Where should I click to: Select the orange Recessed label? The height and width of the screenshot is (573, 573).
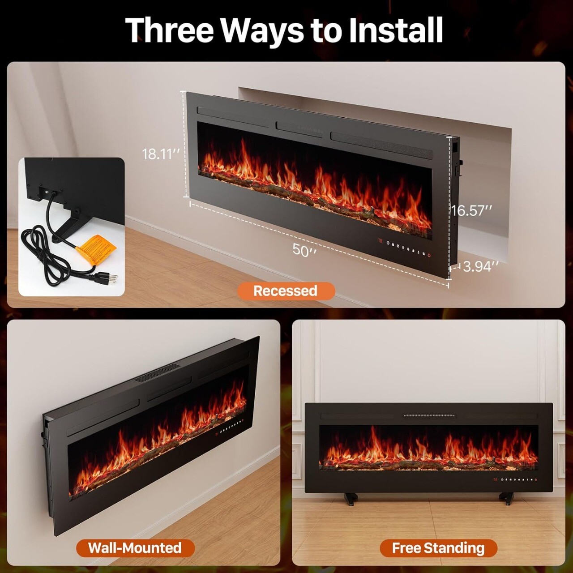point(286,291)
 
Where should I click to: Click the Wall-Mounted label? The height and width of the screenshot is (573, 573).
point(135,548)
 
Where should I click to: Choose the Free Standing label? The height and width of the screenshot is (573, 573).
point(438,548)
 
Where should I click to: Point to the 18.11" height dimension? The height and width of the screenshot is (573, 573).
point(161,154)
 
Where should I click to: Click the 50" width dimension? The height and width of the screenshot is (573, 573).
point(304,250)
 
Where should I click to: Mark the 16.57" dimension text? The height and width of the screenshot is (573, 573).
point(471,210)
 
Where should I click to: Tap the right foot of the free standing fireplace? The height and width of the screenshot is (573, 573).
point(506,497)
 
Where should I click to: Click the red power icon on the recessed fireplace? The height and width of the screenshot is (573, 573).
point(429,256)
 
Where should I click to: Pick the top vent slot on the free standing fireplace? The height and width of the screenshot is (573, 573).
point(429,415)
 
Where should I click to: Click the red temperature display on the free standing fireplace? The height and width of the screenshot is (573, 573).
point(496,480)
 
